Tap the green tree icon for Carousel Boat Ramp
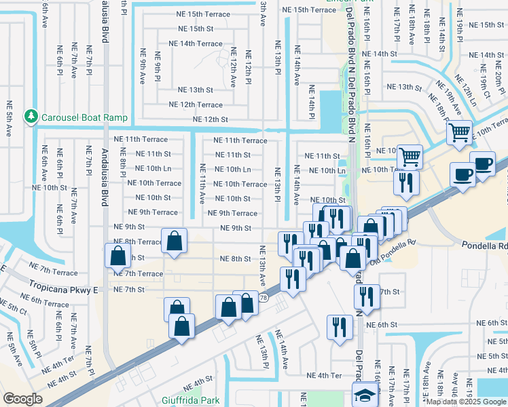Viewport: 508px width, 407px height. (31, 117)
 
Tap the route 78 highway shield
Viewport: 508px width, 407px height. (263, 298)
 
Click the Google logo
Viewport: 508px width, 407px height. (22, 399)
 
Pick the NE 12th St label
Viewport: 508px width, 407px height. (211, 119)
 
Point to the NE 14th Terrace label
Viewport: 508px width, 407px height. (196, 43)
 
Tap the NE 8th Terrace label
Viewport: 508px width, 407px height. (139, 241)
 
